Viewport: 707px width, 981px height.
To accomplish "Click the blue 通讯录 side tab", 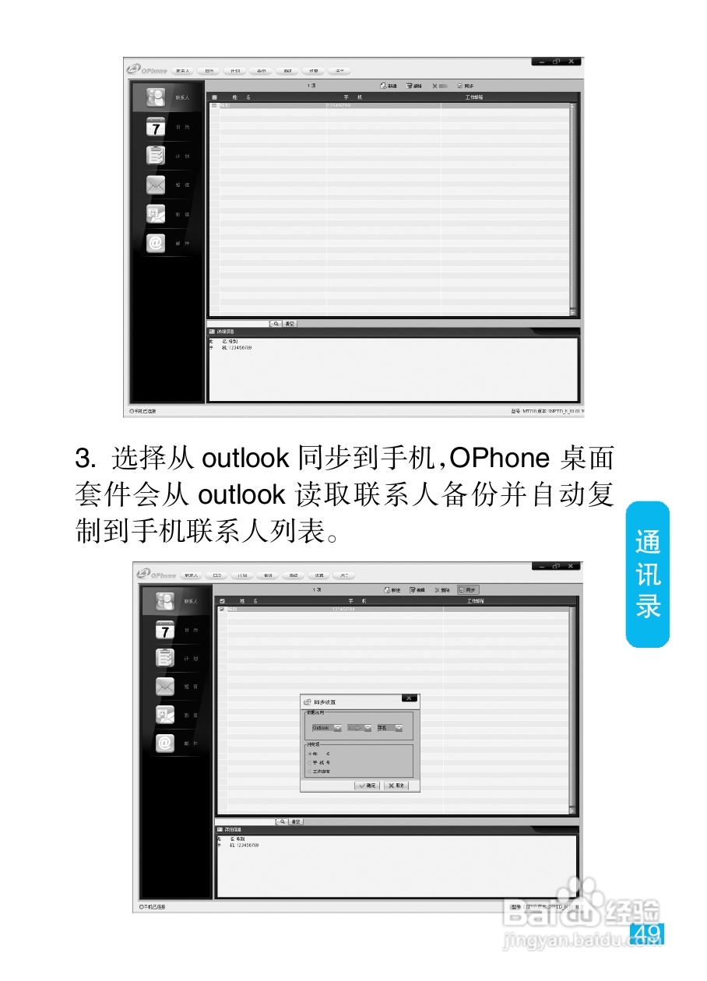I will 648,574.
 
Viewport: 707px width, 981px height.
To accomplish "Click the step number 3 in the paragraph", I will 83,458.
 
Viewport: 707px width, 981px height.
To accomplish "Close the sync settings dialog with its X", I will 410,698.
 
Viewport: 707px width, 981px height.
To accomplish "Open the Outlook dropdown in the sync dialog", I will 338,728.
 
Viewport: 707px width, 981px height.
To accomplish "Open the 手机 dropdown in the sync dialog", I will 399,728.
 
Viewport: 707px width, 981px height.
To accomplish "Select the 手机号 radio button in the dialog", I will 309,762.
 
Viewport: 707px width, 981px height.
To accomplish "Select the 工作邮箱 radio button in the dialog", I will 309,772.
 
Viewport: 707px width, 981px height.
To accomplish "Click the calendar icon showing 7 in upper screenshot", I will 156,126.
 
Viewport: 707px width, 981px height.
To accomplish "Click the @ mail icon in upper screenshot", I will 156,243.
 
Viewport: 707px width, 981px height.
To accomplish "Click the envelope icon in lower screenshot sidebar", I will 165,687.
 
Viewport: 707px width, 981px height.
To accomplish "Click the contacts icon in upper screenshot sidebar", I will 156,97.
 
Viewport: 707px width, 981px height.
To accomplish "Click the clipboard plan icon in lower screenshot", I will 165,658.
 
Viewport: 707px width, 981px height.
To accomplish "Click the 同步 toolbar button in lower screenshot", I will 468,590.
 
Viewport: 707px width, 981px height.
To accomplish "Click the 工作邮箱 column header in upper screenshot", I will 474,97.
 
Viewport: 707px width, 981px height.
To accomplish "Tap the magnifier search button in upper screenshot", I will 276,323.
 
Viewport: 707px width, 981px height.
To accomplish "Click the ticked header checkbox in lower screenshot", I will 222,601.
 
